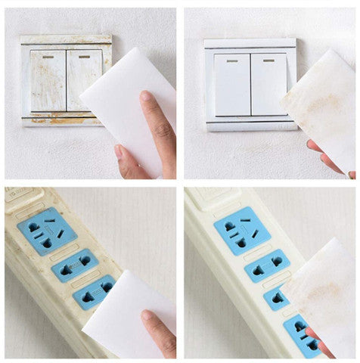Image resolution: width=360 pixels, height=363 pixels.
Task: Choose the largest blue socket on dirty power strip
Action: point(47,230)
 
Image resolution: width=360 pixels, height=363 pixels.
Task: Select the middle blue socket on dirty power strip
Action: point(74,265)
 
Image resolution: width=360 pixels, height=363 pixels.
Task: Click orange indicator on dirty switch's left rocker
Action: point(46,55)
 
